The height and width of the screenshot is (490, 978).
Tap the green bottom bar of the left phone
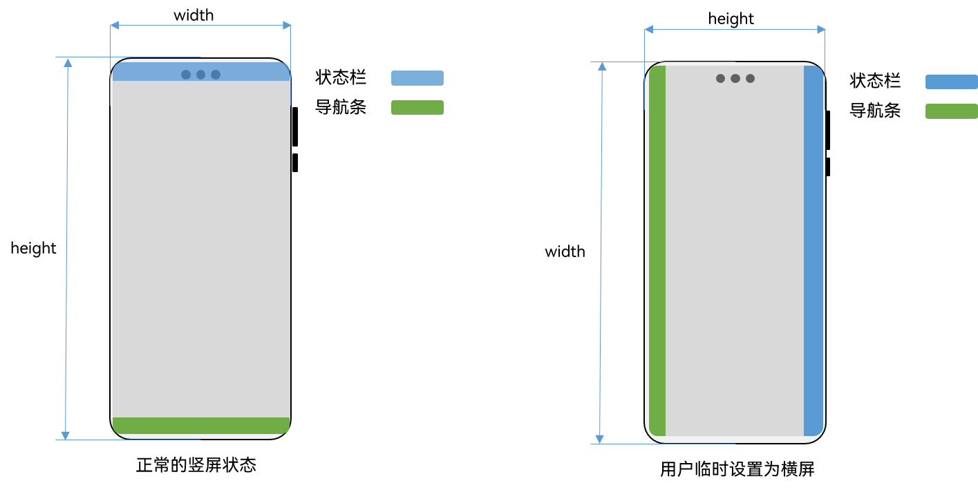click(x=200, y=426)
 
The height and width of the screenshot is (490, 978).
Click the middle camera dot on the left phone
click(x=200, y=75)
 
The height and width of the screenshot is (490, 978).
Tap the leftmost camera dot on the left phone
click(x=186, y=75)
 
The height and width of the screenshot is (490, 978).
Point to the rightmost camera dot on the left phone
click(x=216, y=75)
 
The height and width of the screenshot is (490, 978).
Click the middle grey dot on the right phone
click(x=735, y=79)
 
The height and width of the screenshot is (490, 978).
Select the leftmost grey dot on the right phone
click(x=720, y=79)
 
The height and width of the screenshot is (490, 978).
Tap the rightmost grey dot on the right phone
click(x=750, y=79)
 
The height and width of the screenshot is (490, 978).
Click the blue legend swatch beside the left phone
click(x=417, y=78)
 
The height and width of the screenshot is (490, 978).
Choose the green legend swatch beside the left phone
click(x=417, y=107)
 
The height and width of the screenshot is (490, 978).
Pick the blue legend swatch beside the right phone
click(x=951, y=82)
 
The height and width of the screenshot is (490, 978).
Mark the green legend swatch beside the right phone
click(x=951, y=111)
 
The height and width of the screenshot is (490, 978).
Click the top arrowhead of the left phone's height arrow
click(x=68, y=62)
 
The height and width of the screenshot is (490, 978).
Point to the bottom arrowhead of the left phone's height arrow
click(x=66, y=435)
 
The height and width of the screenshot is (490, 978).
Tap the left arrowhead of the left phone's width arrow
click(x=115, y=26)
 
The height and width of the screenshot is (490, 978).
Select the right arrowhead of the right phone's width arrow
click(x=821, y=30)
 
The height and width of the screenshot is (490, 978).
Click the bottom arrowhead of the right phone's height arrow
click(x=600, y=440)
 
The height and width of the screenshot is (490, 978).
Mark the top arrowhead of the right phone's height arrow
click(x=602, y=66)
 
